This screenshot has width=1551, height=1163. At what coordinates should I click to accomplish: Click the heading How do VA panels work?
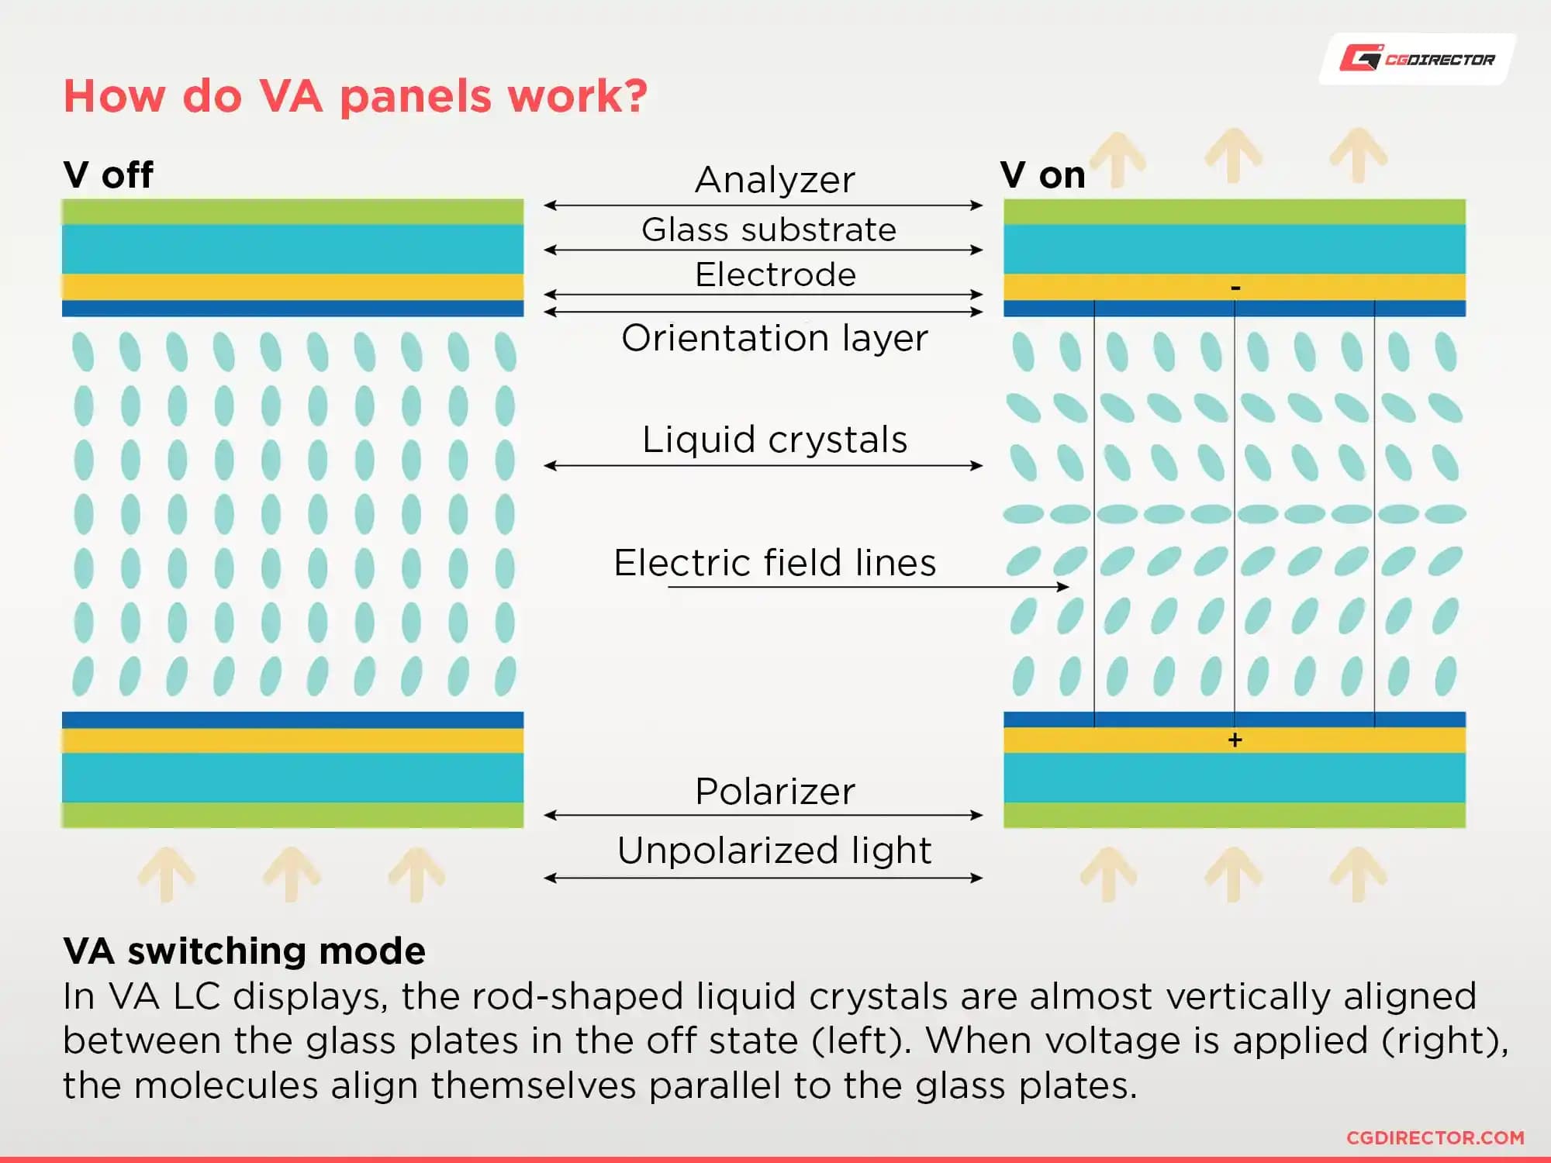click(x=354, y=96)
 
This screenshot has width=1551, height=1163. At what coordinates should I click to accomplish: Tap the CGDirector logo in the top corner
click(x=1417, y=59)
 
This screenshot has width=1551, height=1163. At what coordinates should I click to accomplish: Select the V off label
click(x=108, y=174)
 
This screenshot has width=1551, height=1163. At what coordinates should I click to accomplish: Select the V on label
click(x=1042, y=175)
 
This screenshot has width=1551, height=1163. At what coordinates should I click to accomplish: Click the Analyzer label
click(x=775, y=180)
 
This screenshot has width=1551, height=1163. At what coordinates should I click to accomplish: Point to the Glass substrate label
click(x=769, y=229)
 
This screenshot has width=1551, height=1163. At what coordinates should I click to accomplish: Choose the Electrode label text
click(x=775, y=274)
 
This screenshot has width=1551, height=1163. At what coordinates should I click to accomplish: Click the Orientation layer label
click(x=774, y=338)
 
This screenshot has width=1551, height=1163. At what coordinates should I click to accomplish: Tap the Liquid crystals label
click(x=774, y=440)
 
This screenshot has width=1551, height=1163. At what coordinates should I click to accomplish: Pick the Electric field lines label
click(x=774, y=562)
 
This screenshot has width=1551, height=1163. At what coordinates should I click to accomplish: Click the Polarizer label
click(x=774, y=792)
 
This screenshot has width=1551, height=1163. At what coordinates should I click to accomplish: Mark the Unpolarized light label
click(x=774, y=851)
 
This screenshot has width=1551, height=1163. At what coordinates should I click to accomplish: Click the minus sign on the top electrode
click(x=1235, y=288)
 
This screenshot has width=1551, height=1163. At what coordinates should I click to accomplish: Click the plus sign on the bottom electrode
click(x=1235, y=740)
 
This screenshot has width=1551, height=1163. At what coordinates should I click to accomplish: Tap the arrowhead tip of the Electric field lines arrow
click(x=1067, y=587)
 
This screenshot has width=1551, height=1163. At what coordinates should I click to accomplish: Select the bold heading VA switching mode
click(x=244, y=951)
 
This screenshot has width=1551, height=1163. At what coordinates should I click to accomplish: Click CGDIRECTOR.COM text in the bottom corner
click(x=1435, y=1137)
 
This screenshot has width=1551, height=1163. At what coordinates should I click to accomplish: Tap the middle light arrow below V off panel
click(x=292, y=874)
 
